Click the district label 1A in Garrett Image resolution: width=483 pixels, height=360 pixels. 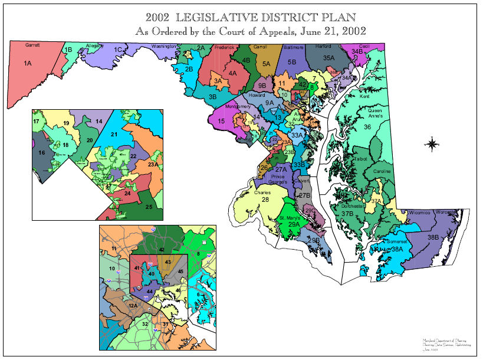coord(28,63)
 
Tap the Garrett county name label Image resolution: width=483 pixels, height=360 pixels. coord(32,45)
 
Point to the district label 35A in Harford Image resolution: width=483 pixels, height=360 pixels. coord(328,58)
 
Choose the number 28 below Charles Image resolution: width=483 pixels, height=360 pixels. coord(265,200)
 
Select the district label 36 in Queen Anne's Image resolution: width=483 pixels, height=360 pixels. coord(367,127)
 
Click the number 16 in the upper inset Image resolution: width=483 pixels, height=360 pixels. coord(41,153)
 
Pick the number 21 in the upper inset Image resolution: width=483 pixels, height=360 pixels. coord(114,135)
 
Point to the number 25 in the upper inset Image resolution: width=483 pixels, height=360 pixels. coord(149,207)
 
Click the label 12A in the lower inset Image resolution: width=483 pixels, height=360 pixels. coord(133,306)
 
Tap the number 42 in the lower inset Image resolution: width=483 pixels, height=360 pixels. coord(161,250)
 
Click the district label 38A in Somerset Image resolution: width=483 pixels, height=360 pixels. coord(397,250)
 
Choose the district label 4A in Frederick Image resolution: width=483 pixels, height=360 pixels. coord(233,73)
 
